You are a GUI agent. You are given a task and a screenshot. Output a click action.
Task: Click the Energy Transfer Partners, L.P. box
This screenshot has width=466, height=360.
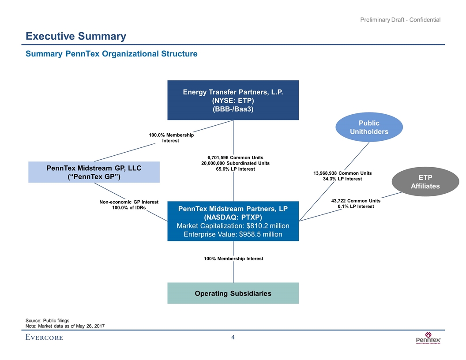(233, 100)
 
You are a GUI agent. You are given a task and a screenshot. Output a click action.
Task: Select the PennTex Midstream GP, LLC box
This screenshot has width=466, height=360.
(94, 172)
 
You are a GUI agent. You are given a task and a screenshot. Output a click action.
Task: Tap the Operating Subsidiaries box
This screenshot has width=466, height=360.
(233, 293)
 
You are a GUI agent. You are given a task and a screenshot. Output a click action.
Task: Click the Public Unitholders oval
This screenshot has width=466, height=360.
(369, 127)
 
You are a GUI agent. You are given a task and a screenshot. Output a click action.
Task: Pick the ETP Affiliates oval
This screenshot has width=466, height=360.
(425, 182)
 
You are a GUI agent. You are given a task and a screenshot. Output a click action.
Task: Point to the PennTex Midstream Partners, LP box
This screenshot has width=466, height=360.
(233, 221)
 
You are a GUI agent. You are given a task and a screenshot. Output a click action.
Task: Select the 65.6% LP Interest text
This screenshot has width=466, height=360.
(233, 169)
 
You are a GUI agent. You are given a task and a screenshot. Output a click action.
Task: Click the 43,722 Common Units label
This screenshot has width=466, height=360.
(356, 201)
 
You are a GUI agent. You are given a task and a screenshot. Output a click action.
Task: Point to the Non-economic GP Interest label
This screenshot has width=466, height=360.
(128, 202)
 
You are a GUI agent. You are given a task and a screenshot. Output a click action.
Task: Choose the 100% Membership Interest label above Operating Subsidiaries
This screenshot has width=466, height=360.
(233, 259)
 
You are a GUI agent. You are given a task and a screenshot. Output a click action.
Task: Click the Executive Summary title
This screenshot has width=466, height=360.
(76, 36)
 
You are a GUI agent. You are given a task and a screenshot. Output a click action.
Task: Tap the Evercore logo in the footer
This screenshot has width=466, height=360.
(44, 337)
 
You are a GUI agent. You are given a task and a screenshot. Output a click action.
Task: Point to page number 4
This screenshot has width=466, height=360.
(233, 338)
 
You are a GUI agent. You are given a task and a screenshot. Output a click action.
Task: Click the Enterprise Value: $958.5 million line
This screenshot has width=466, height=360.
(233, 234)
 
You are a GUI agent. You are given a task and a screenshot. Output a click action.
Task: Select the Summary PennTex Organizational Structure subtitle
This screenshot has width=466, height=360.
(111, 54)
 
